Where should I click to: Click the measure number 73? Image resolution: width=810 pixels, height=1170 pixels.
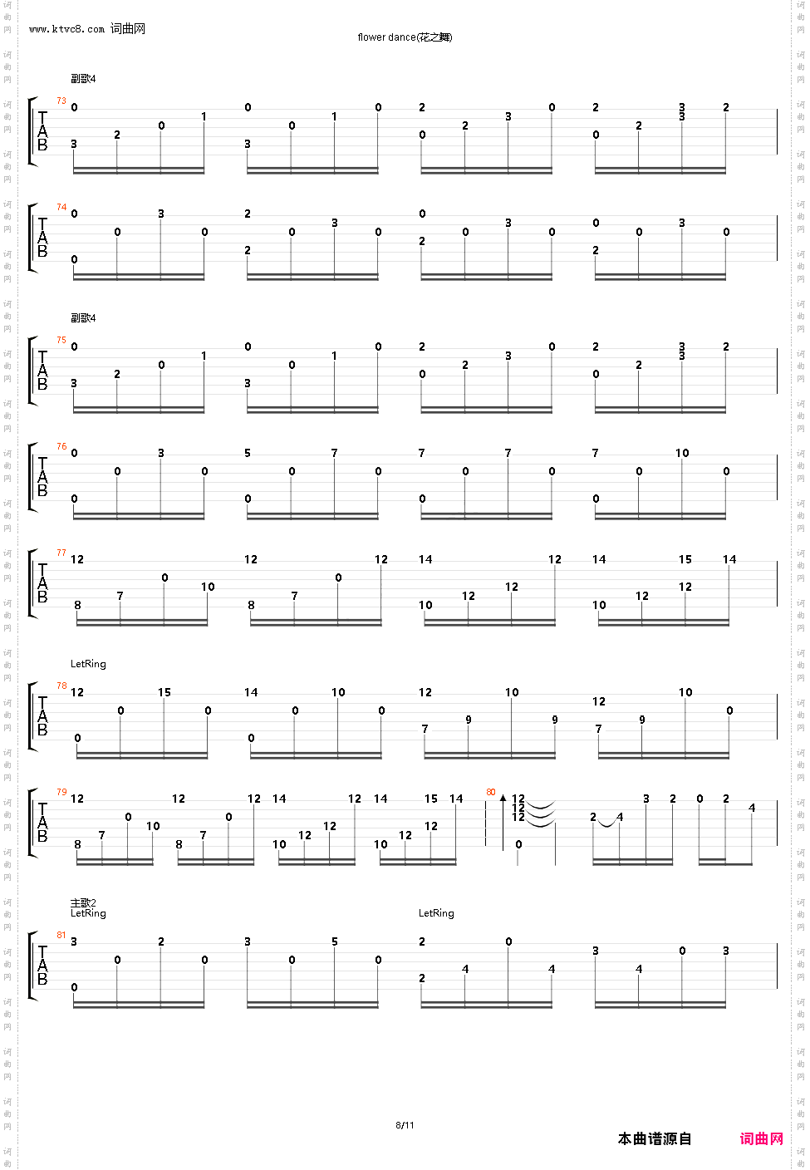[x=61, y=101]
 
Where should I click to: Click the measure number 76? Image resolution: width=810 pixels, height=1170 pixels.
[x=61, y=447]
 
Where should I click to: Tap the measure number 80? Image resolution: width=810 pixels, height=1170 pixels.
[x=491, y=793]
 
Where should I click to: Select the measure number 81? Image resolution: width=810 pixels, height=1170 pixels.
[x=61, y=936]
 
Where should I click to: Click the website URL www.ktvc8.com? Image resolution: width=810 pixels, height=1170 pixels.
[x=66, y=29]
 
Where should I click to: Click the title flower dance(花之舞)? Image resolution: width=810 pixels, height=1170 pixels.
[x=405, y=37]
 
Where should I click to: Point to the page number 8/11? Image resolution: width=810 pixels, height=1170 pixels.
[x=405, y=1126]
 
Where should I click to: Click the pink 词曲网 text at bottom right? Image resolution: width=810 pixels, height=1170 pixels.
[x=761, y=1139]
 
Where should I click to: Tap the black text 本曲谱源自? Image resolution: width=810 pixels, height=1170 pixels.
[x=655, y=1139]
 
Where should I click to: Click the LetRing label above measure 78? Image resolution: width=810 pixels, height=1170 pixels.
[x=88, y=665]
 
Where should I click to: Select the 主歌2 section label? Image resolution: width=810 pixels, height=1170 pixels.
[x=83, y=903]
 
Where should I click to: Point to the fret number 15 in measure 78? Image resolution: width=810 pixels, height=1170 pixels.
[x=164, y=693]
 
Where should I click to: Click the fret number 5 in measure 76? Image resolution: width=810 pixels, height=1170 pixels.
[x=248, y=454]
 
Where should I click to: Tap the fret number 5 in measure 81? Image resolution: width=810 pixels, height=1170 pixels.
[x=335, y=942]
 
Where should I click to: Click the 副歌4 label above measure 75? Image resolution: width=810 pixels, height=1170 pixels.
[x=83, y=318]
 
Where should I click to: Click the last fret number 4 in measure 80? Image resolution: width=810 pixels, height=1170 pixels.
[x=752, y=809]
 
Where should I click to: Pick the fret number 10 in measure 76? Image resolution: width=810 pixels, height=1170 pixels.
[x=682, y=454]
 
